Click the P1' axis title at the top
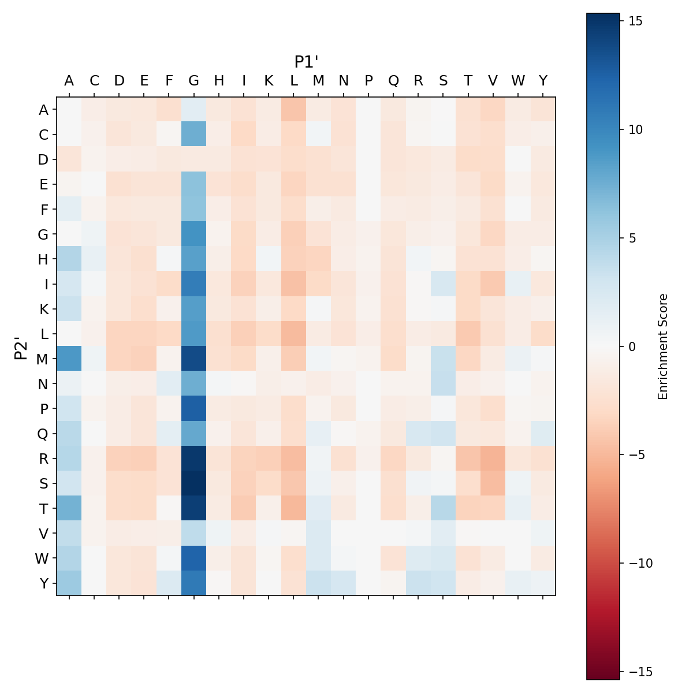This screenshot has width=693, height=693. click(x=307, y=62)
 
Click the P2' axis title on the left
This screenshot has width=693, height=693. click(x=21, y=346)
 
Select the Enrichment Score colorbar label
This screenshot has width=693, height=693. click(x=663, y=346)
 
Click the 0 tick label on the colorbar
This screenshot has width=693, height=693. click(x=631, y=346)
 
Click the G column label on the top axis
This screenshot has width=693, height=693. click(x=194, y=81)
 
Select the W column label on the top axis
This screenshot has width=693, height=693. click(x=518, y=81)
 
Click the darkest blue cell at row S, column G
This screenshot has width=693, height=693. click(x=194, y=483)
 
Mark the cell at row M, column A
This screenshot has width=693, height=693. click(x=69, y=359)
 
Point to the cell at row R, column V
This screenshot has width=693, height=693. click(x=493, y=459)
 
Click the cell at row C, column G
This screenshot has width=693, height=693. click(x=194, y=135)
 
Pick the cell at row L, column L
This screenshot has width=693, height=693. click(x=294, y=334)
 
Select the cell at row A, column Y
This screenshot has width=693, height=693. click(x=543, y=110)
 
